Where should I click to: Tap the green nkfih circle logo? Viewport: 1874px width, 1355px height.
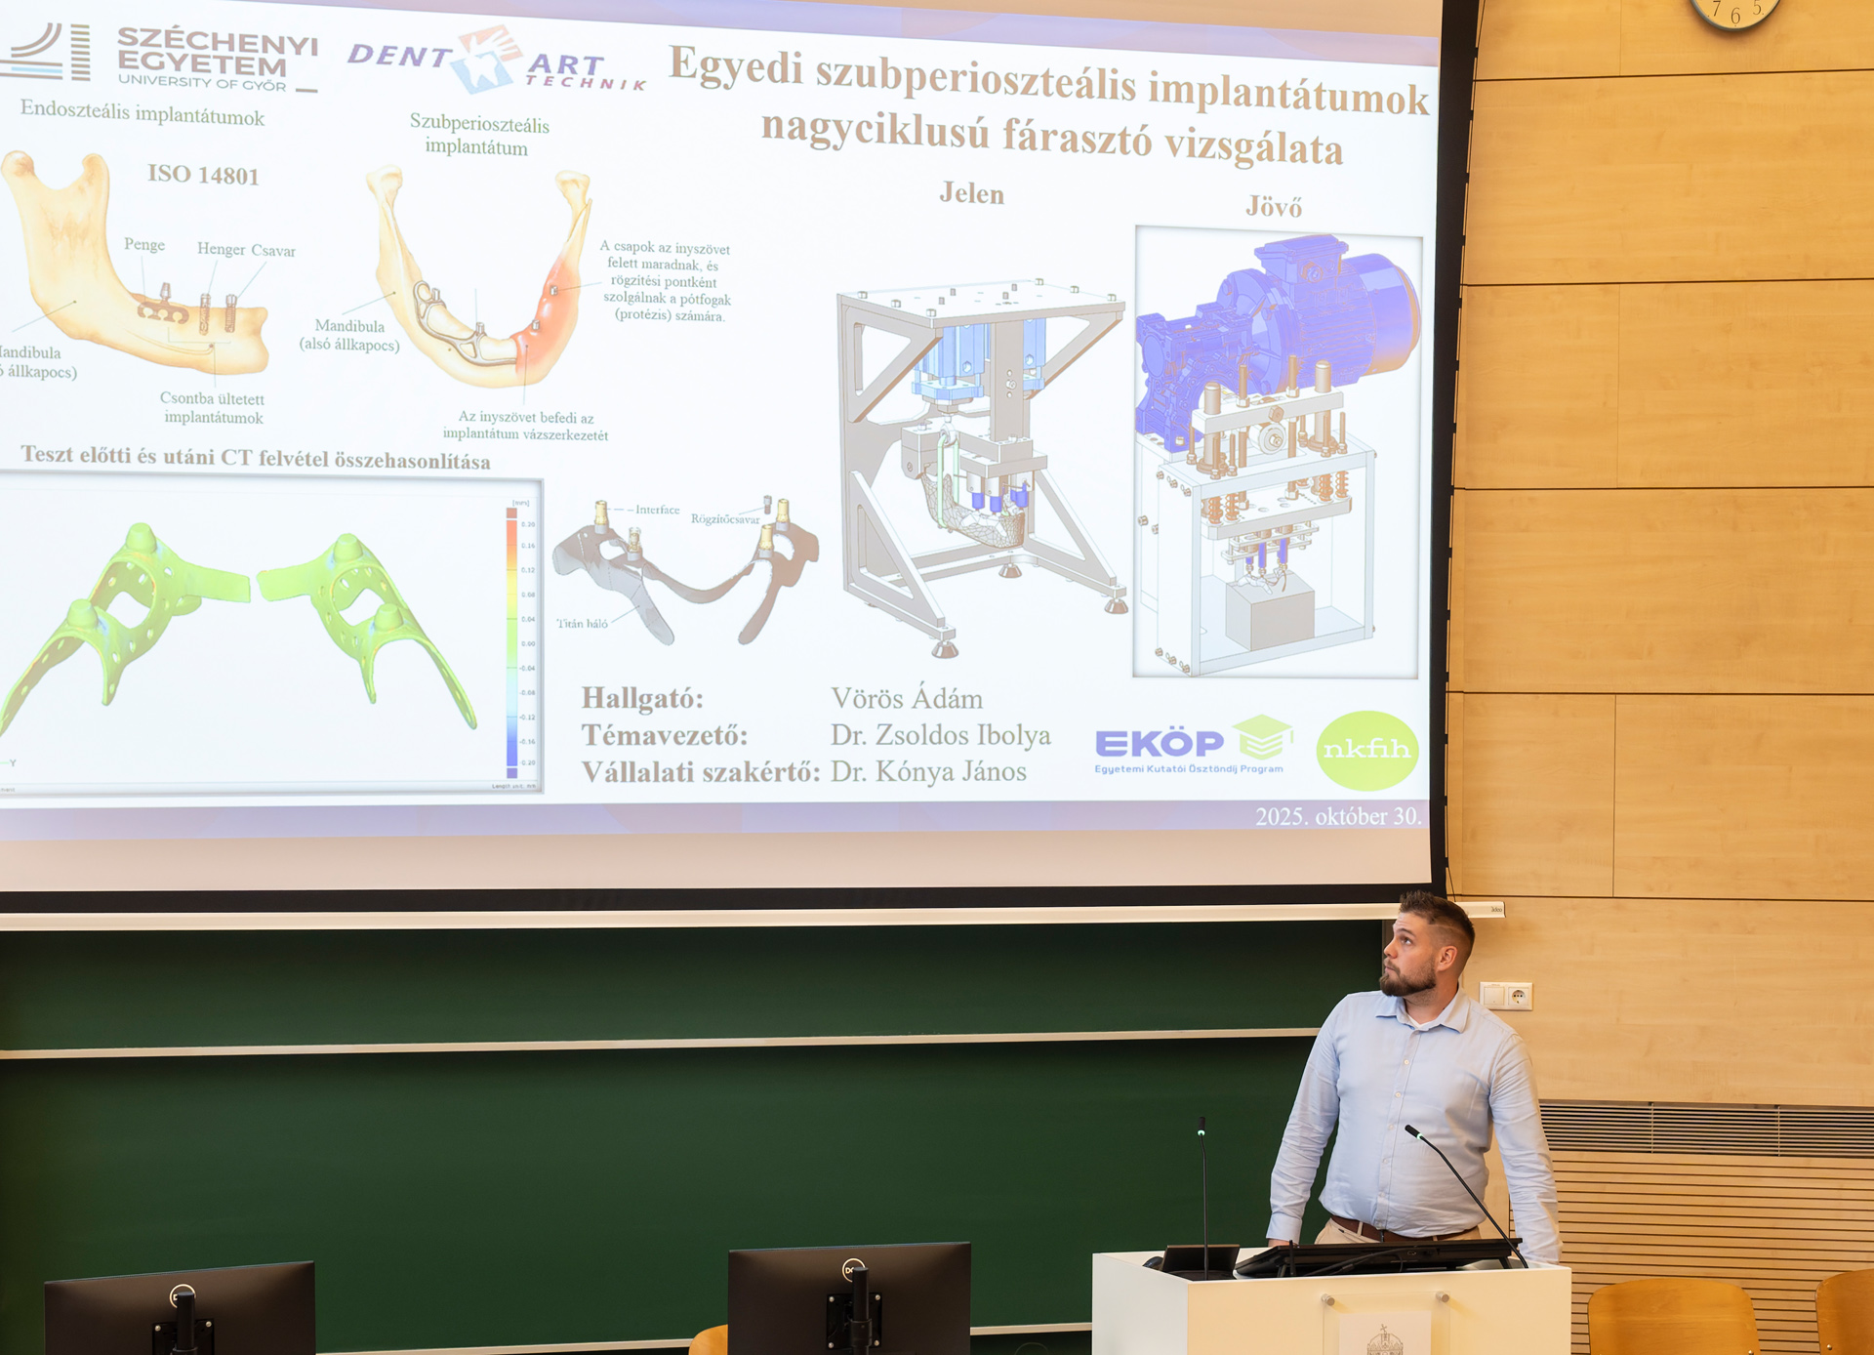pyautogui.click(x=1366, y=750)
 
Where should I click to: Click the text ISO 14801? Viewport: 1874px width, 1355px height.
pyautogui.click(x=203, y=175)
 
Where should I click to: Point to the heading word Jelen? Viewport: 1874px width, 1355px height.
pyautogui.click(x=971, y=193)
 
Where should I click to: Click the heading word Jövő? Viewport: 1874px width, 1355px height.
pyautogui.click(x=1274, y=207)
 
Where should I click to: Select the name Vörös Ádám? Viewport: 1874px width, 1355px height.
pyautogui.click(x=907, y=698)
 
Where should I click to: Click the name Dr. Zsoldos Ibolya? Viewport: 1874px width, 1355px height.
pyautogui.click(x=940, y=735)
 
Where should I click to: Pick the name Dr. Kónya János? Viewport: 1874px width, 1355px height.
pyautogui.click(x=928, y=771)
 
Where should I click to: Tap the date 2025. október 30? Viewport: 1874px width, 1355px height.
pyautogui.click(x=1337, y=816)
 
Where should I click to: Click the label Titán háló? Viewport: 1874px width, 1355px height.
pyautogui.click(x=583, y=623)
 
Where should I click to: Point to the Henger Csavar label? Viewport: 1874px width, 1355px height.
pyautogui.click(x=246, y=250)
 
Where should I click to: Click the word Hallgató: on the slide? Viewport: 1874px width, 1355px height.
pyautogui.click(x=642, y=698)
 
